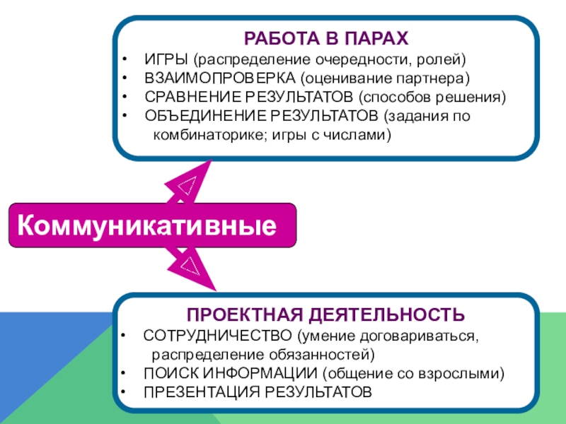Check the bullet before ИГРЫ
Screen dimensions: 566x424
point(125,57)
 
